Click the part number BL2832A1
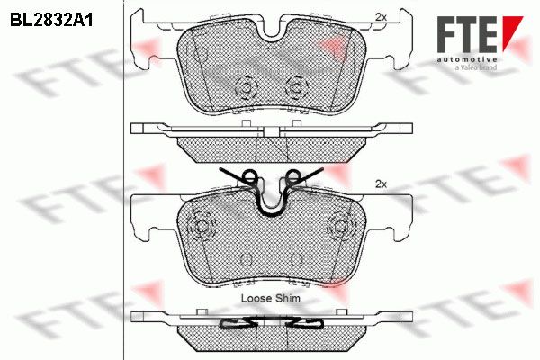coord(51,21)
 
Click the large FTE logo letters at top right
coord(467,34)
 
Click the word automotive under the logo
coord(467,59)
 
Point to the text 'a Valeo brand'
coord(476,67)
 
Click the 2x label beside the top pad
coord(381,17)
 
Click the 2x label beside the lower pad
coord(381,184)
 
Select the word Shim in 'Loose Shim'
coord(288,298)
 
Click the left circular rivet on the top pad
coord(247,87)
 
